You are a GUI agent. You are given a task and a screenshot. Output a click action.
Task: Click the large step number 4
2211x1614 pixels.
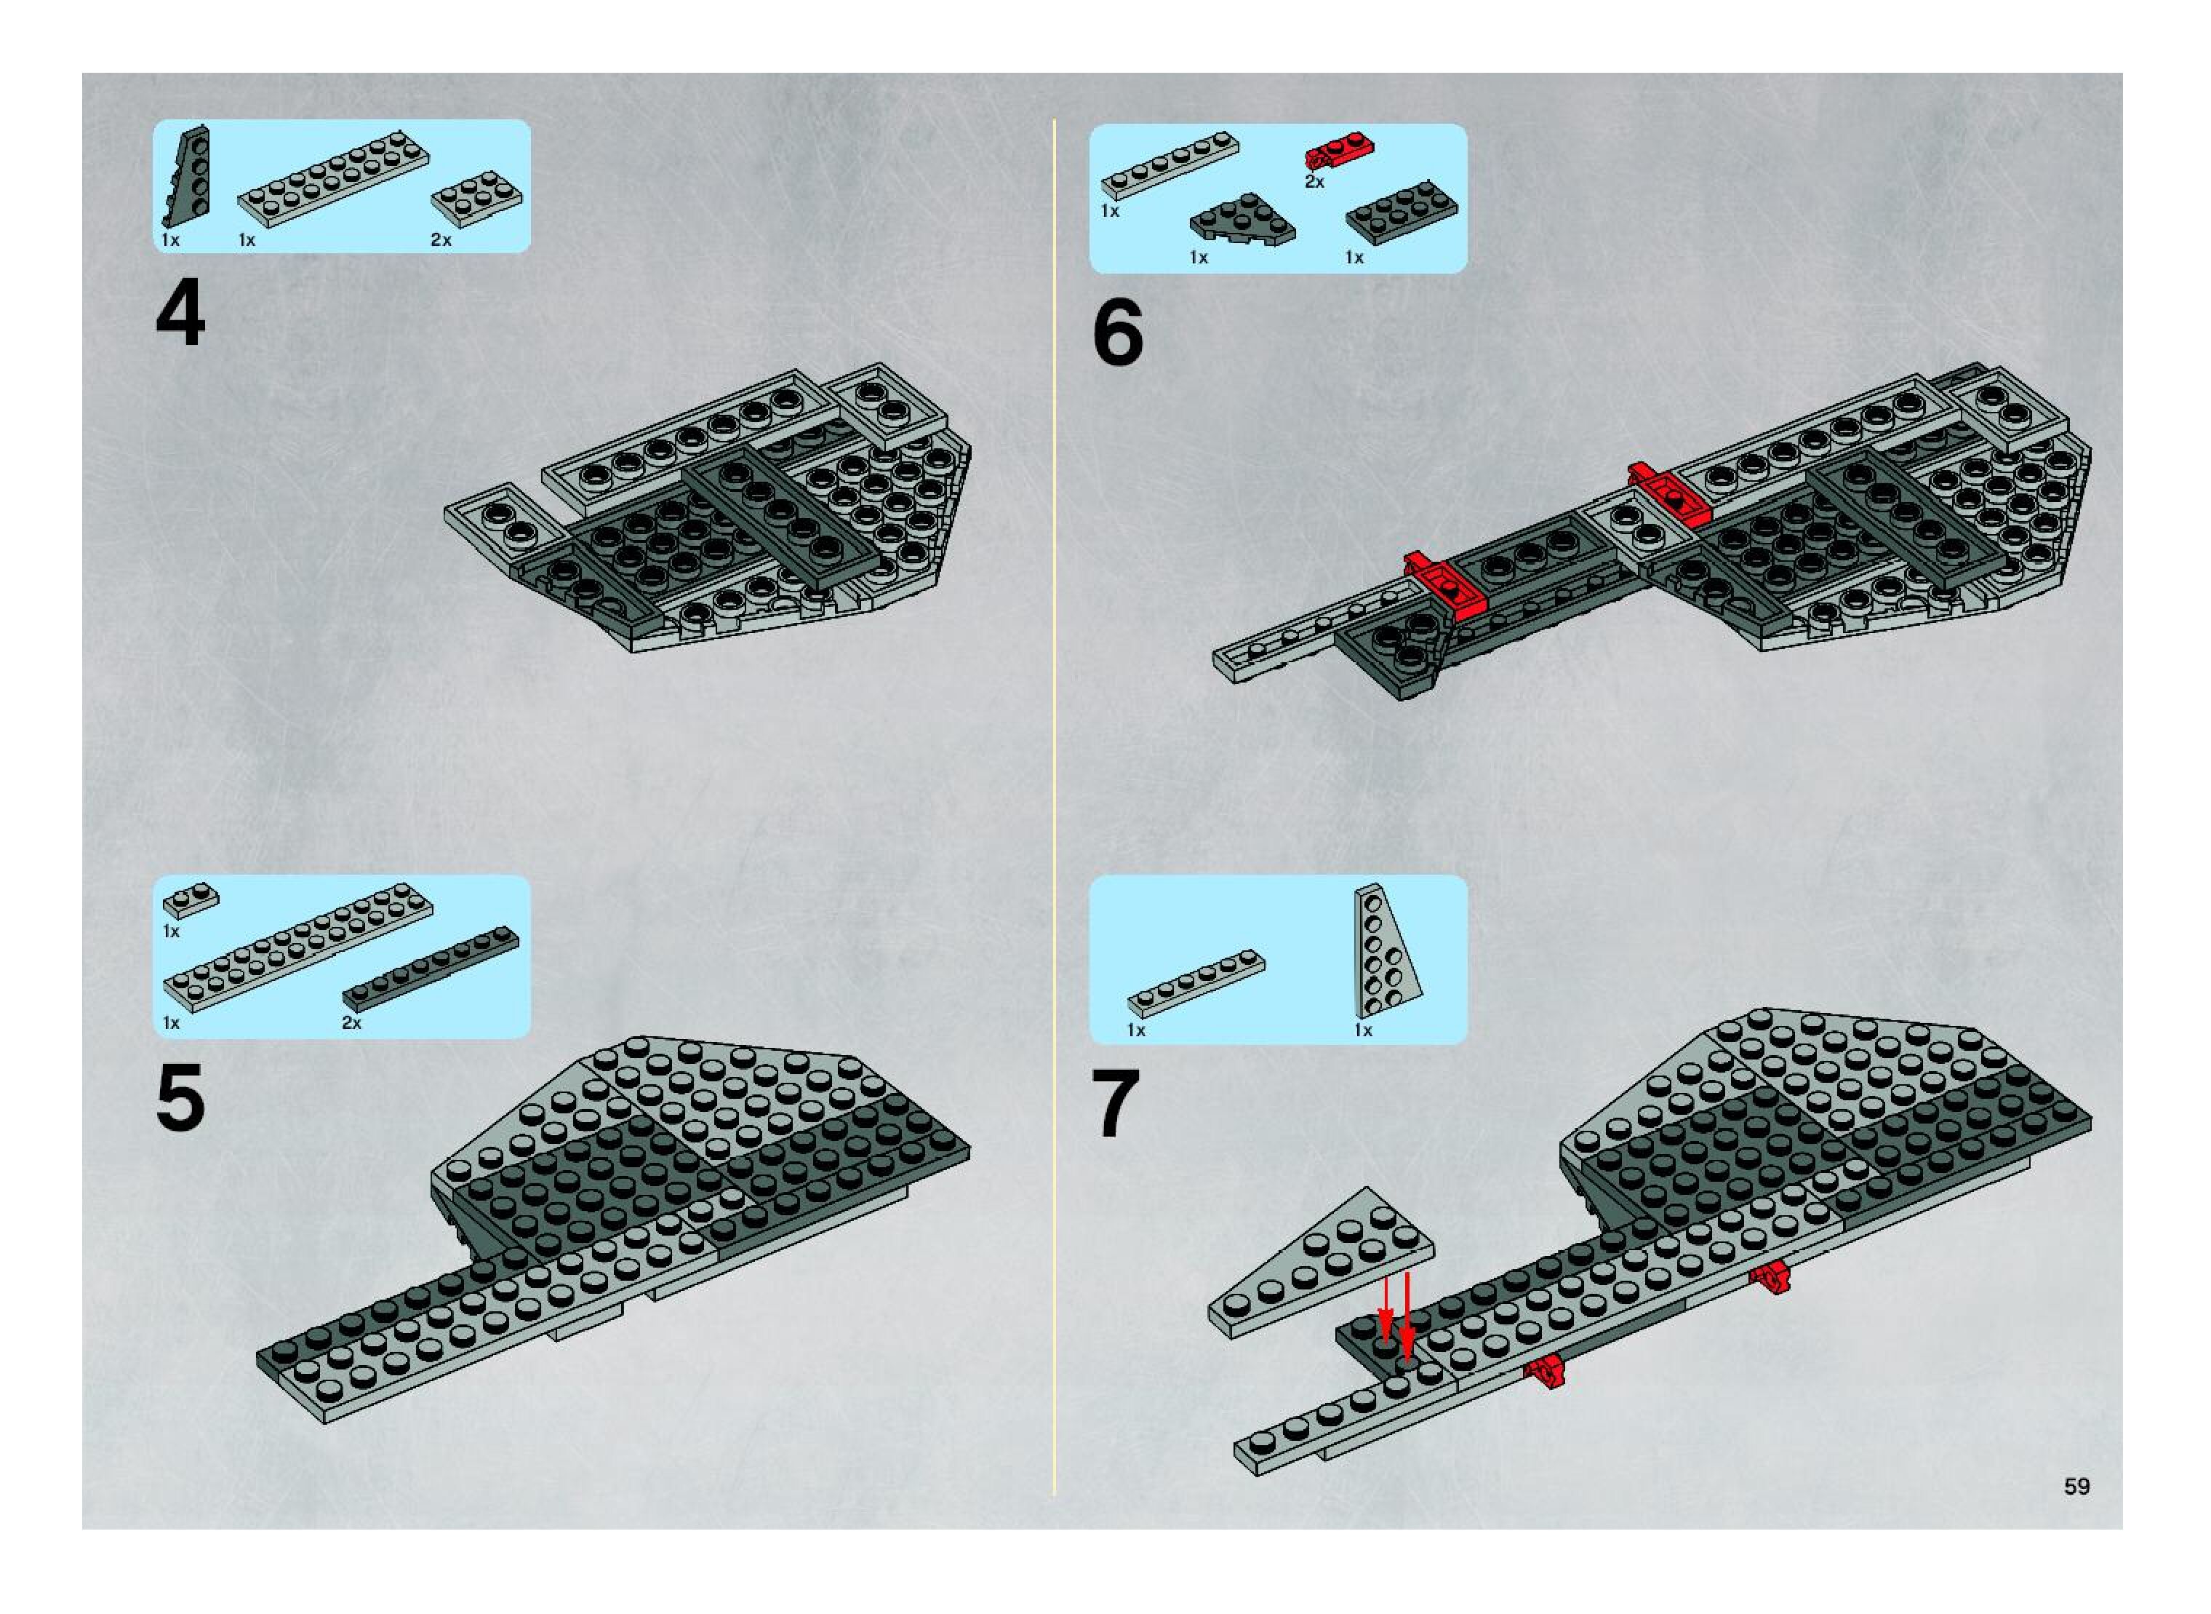tap(180, 313)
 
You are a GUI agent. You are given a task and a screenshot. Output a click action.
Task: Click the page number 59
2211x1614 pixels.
tap(2077, 1486)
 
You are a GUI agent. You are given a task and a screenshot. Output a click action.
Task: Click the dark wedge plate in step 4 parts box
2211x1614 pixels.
tap(185, 177)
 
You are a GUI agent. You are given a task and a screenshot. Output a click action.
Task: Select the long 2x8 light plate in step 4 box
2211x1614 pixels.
tap(333, 180)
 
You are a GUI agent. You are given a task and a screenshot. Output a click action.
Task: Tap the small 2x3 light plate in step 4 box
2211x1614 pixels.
tap(476, 199)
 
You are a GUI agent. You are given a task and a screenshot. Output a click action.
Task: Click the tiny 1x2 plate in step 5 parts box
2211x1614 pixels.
tap(191, 900)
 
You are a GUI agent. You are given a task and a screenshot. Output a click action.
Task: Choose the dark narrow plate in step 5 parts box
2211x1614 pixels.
tap(431, 969)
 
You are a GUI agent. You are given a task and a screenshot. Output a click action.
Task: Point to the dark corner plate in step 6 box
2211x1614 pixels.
tap(1242, 220)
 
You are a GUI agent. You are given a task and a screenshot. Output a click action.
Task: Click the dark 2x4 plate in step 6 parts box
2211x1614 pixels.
tap(1402, 211)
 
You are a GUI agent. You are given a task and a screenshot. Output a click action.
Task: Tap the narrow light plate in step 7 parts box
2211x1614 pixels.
tap(1196, 984)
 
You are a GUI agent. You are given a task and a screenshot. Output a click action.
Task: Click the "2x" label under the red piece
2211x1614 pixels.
tap(1314, 182)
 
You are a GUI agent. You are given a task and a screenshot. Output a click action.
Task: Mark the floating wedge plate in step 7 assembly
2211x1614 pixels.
tap(1322, 1263)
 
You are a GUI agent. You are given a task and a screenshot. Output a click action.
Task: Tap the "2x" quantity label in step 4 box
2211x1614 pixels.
tap(441, 239)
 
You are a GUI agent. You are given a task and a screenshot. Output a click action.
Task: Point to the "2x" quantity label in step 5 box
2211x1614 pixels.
tap(351, 1023)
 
